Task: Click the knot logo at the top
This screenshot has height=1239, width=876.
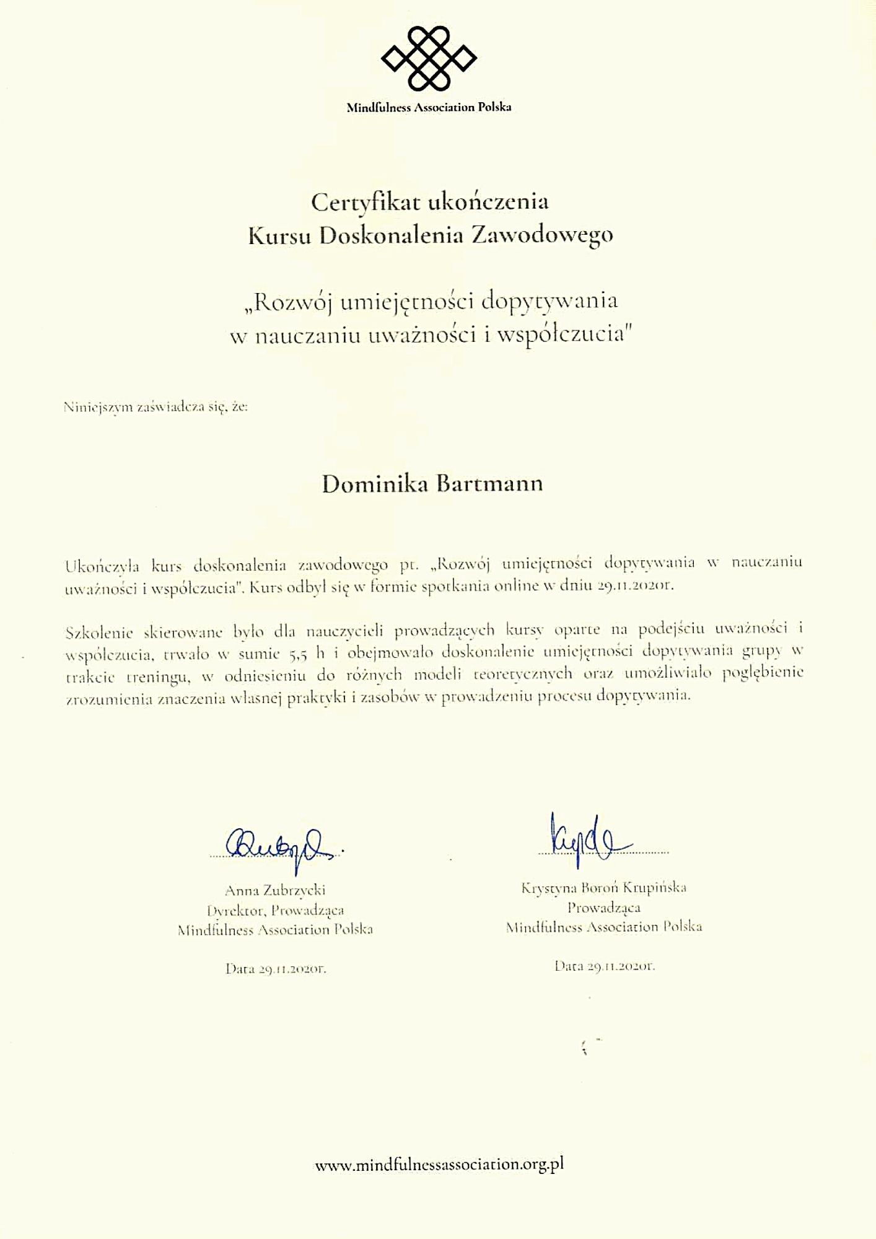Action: [428, 59]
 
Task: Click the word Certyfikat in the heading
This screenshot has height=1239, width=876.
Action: [357, 202]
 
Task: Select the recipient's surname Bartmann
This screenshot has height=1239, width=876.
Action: [489, 483]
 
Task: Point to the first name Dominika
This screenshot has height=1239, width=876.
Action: [374, 483]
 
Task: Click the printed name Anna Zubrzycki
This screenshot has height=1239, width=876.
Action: [275, 890]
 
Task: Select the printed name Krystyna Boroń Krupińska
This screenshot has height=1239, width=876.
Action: [603, 888]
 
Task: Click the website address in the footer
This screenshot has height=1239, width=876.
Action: [439, 1164]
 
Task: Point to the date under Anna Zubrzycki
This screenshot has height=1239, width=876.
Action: [276, 969]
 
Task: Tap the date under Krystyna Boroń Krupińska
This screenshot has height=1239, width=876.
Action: [605, 965]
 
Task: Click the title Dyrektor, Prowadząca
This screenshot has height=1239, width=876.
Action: [275, 910]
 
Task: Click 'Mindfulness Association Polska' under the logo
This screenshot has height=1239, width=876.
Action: [429, 107]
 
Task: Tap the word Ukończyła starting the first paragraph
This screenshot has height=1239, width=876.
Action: [102, 565]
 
